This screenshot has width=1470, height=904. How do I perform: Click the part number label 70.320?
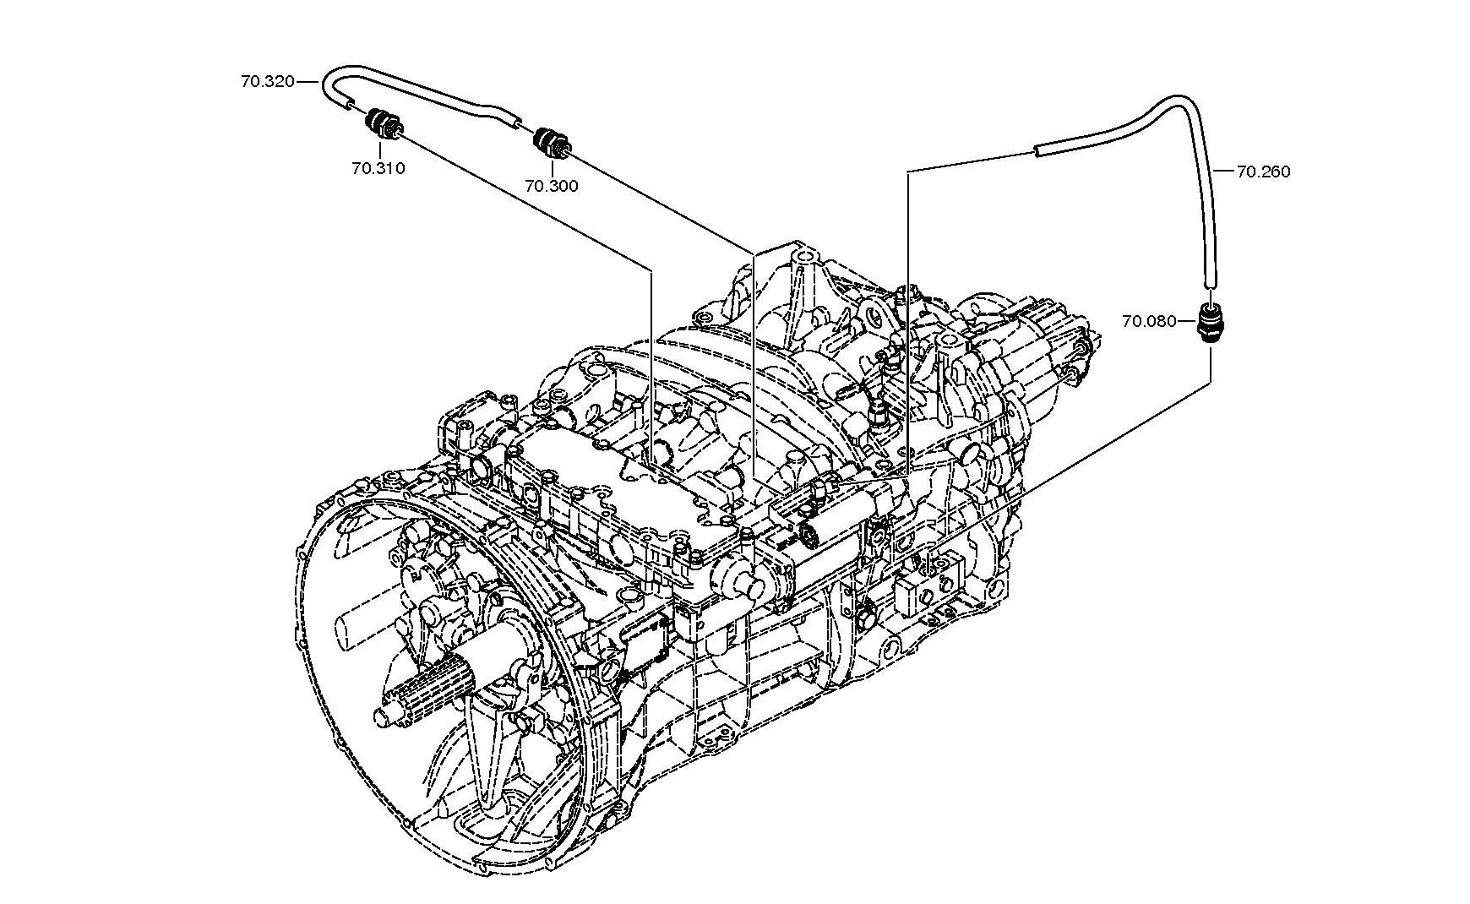pos(267,82)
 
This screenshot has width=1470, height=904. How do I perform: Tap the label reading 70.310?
pos(378,168)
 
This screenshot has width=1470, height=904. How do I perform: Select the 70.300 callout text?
pos(552,186)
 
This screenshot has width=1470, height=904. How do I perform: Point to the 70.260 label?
pos(1263,172)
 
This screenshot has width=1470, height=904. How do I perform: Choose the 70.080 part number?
pos(1149,321)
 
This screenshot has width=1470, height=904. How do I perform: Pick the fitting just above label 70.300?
pos(553,141)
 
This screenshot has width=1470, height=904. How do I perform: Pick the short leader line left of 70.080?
pos(1187,321)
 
